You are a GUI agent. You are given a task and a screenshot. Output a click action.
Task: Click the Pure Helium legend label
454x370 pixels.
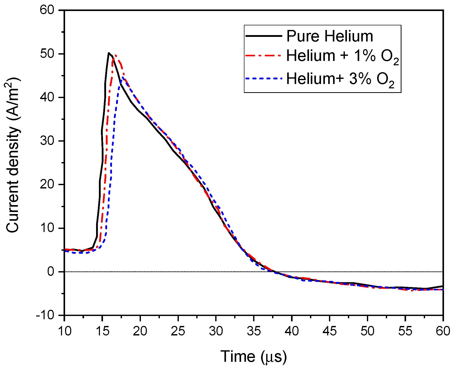click(329, 36)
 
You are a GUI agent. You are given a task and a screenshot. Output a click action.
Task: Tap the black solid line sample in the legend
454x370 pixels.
click(264, 36)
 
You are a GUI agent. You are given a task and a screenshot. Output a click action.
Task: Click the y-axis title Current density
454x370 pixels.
click(13, 155)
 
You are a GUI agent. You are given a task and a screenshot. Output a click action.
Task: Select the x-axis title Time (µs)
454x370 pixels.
click(253, 356)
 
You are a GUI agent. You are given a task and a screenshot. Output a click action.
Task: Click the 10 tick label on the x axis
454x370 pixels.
click(64, 331)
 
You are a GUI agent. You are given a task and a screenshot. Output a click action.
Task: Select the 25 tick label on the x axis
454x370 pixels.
click(178, 331)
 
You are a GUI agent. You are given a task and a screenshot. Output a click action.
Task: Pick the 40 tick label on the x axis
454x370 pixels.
click(292, 331)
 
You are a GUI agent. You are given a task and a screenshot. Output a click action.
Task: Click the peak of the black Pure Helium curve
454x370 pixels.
click(109, 53)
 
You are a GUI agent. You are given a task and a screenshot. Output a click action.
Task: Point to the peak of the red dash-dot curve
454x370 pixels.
click(116, 55)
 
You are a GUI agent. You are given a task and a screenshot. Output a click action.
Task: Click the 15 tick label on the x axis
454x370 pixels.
click(102, 331)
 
